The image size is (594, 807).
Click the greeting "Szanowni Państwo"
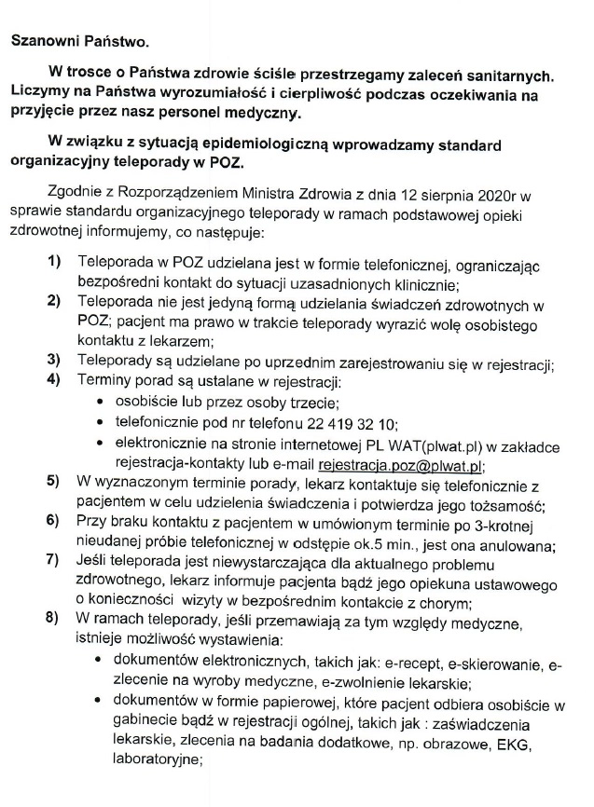pos(79,41)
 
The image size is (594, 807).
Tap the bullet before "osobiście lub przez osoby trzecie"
pos(101,403)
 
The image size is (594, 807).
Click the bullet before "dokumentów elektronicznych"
pos(101,662)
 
